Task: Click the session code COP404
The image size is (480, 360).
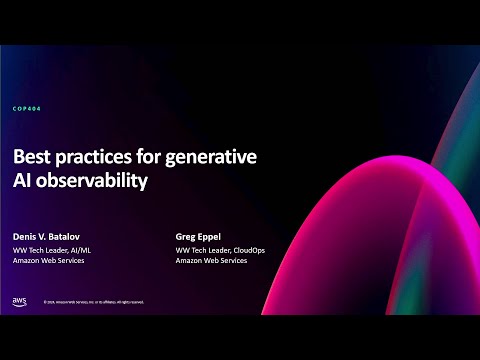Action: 28,108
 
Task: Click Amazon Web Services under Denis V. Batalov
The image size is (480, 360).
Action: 48,260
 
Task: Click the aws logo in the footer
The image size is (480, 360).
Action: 20,301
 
